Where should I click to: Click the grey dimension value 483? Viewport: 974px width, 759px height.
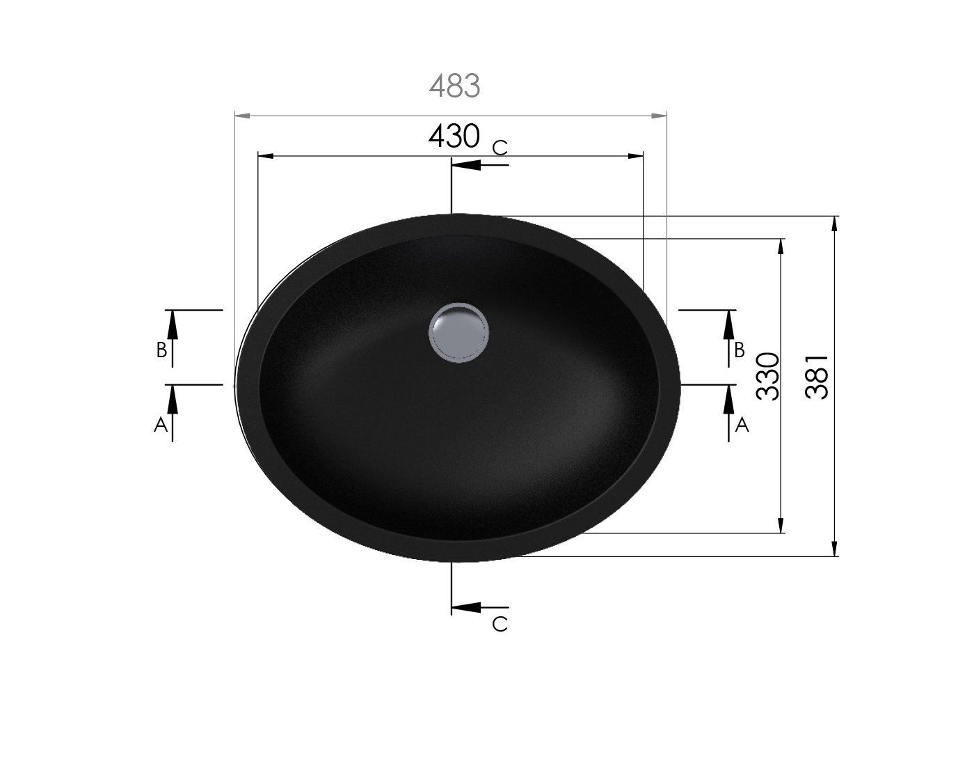[x=454, y=86]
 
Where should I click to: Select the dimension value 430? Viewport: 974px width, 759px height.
[x=454, y=136]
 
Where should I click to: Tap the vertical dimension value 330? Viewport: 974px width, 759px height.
[x=767, y=376]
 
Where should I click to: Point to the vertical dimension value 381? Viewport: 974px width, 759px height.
[x=816, y=377]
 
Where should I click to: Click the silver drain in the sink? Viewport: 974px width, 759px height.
[x=458, y=333]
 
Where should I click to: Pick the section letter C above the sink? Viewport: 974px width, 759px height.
[x=500, y=148]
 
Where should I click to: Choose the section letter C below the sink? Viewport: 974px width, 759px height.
[x=500, y=624]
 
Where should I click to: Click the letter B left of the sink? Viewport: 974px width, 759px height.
[x=161, y=350]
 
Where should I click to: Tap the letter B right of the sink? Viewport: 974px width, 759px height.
[x=739, y=350]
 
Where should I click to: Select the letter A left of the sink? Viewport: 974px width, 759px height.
[x=161, y=424]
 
